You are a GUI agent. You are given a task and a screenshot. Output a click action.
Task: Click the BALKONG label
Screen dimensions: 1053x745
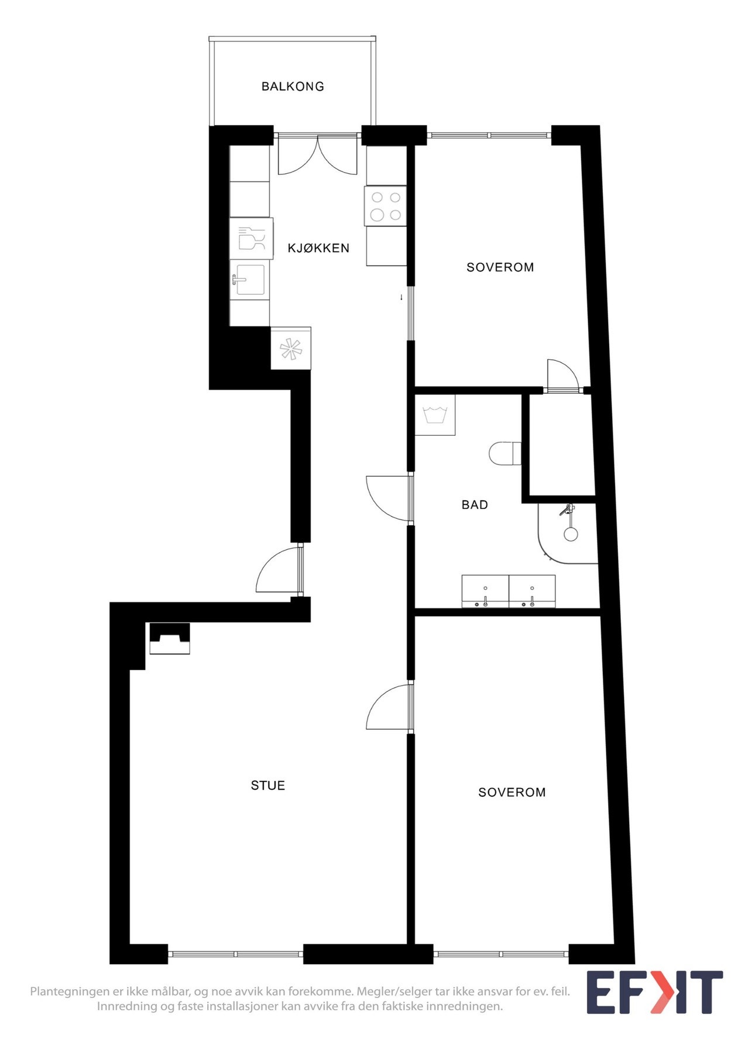[x=293, y=87]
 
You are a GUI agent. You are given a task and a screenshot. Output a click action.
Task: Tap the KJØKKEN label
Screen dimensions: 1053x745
[x=318, y=248]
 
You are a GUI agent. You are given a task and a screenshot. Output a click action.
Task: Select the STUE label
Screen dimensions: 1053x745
[x=267, y=785]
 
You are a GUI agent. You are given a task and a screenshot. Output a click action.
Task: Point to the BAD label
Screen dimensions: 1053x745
[x=475, y=504]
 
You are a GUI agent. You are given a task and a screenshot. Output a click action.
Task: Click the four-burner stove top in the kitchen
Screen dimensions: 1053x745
[x=386, y=206]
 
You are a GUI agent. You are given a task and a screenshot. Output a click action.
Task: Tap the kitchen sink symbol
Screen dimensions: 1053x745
[x=250, y=280]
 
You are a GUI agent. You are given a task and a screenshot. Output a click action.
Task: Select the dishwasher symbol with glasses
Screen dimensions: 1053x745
[x=251, y=239]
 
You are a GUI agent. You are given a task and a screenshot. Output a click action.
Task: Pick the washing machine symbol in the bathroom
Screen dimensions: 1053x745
[x=435, y=415]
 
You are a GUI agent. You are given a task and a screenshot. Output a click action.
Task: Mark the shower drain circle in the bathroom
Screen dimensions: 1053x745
[x=570, y=534]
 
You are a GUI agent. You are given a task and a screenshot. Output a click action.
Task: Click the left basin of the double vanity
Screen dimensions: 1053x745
[x=485, y=591]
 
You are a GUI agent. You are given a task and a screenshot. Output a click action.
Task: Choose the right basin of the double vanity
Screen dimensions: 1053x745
[x=532, y=591]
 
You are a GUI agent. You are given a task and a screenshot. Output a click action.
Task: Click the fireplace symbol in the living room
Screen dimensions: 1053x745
[x=170, y=638]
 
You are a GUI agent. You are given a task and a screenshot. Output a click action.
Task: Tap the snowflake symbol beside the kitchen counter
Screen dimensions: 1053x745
[x=291, y=349]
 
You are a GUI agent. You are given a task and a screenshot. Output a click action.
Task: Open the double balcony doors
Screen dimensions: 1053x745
[x=317, y=155]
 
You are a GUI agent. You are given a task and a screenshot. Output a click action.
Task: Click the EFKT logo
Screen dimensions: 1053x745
[x=654, y=992]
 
